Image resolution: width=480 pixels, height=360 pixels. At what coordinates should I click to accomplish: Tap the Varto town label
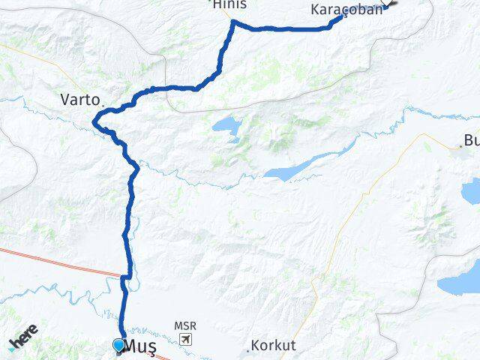click(78, 98)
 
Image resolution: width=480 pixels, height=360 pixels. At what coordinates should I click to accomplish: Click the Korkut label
click(274, 346)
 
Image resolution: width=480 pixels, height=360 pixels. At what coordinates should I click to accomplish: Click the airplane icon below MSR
click(185, 339)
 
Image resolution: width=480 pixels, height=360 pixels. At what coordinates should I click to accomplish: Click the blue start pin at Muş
click(118, 345)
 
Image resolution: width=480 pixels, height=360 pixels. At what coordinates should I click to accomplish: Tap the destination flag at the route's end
click(392, 4)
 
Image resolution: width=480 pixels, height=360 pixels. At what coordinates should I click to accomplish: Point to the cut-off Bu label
click(470, 139)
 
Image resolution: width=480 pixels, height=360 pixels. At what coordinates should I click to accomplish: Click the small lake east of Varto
click(226, 127)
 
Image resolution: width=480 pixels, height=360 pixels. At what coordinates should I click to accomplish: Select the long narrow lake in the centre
click(300, 166)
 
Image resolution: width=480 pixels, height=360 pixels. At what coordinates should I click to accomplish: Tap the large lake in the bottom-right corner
click(459, 283)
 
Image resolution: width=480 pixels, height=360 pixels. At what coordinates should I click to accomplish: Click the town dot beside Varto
click(103, 103)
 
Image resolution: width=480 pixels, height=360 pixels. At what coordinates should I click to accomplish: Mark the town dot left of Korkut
click(248, 350)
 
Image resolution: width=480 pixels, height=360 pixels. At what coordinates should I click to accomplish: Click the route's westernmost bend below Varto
click(94, 123)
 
